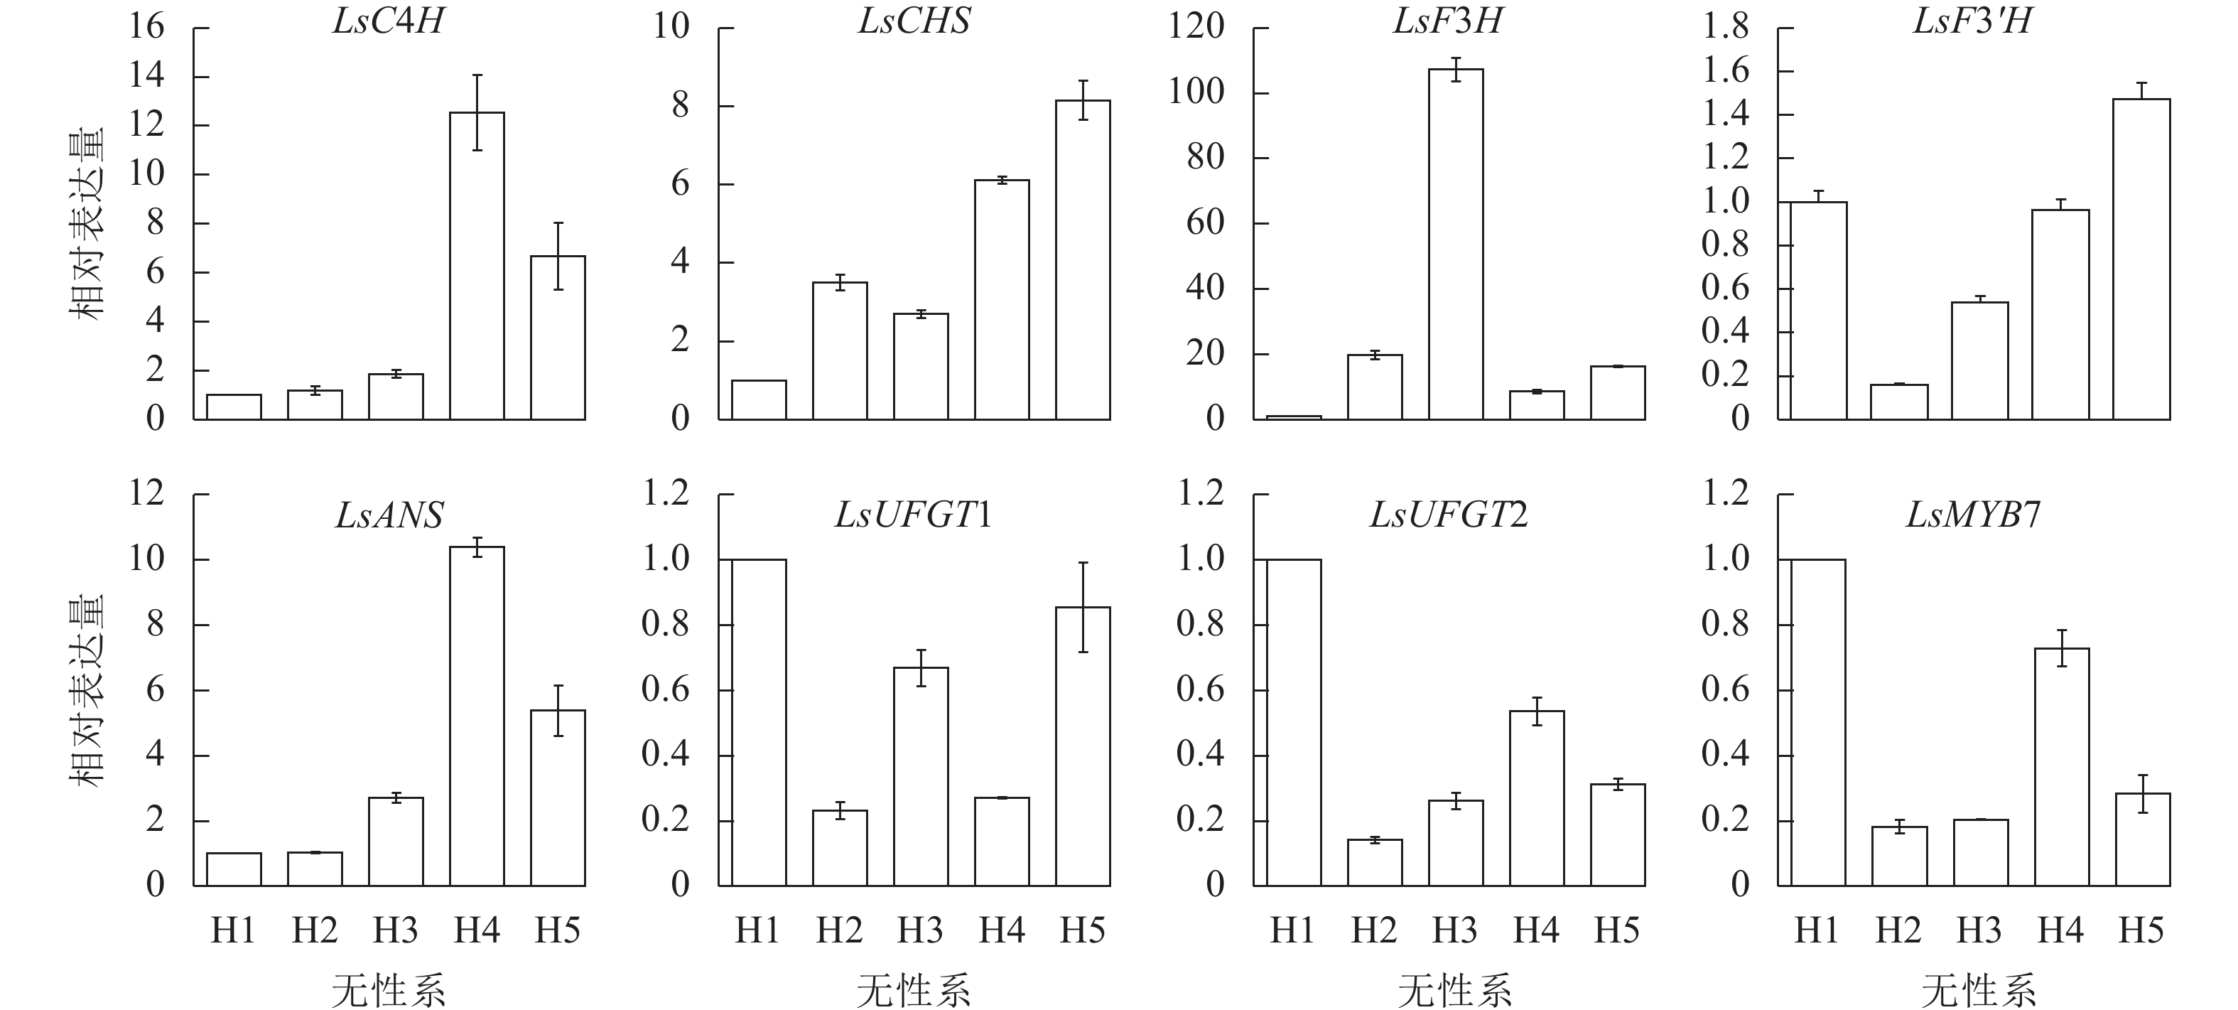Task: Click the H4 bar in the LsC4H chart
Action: click(x=477, y=265)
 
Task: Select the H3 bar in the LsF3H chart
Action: click(x=1455, y=243)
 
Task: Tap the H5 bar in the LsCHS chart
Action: click(x=1083, y=260)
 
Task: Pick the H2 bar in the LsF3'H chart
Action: click(x=1899, y=402)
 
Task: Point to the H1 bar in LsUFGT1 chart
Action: click(x=759, y=721)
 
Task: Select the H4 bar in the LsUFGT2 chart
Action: click(x=1536, y=798)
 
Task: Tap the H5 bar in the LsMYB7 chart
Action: click(x=2142, y=839)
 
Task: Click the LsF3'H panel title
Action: click(x=1972, y=21)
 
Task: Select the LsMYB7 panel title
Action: click(x=1972, y=515)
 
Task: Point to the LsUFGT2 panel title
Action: click(x=1448, y=515)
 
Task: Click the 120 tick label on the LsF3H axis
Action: click(x=1196, y=27)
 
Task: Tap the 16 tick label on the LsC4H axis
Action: click(x=146, y=27)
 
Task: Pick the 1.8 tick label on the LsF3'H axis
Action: click(x=1726, y=27)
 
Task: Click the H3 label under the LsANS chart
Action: click(x=395, y=931)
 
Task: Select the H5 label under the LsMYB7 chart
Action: click(x=2141, y=931)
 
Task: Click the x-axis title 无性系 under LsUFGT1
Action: click(x=913, y=991)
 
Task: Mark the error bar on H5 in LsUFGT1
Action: click(x=1083, y=607)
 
